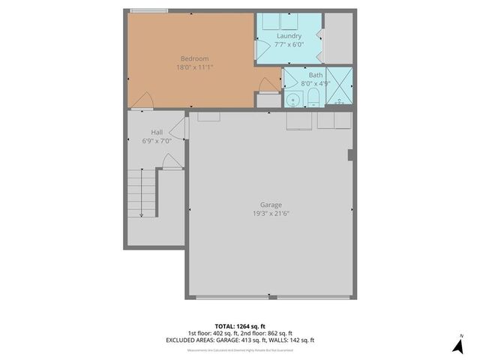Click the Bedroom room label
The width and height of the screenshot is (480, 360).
[194, 58]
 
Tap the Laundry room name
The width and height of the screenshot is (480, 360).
[289, 36]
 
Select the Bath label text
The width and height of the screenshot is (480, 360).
[316, 75]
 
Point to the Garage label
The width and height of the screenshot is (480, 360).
[271, 205]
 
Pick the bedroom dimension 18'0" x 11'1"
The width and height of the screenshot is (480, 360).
[194, 67]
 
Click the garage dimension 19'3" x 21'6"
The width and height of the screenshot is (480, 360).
[271, 214]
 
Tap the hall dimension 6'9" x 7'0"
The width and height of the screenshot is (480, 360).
[157, 140]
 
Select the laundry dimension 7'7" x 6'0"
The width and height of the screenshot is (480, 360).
[289, 44]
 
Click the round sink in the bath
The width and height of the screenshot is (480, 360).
[292, 100]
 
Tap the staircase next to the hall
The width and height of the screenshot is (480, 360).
[142, 193]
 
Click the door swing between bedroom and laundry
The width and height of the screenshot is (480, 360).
[262, 50]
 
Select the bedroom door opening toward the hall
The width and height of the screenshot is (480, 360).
[145, 99]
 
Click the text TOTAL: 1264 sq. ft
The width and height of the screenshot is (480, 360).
[240, 326]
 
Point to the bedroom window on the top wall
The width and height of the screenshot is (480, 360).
[149, 10]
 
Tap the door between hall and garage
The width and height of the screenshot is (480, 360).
[183, 127]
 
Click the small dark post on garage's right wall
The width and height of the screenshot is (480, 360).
[350, 154]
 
